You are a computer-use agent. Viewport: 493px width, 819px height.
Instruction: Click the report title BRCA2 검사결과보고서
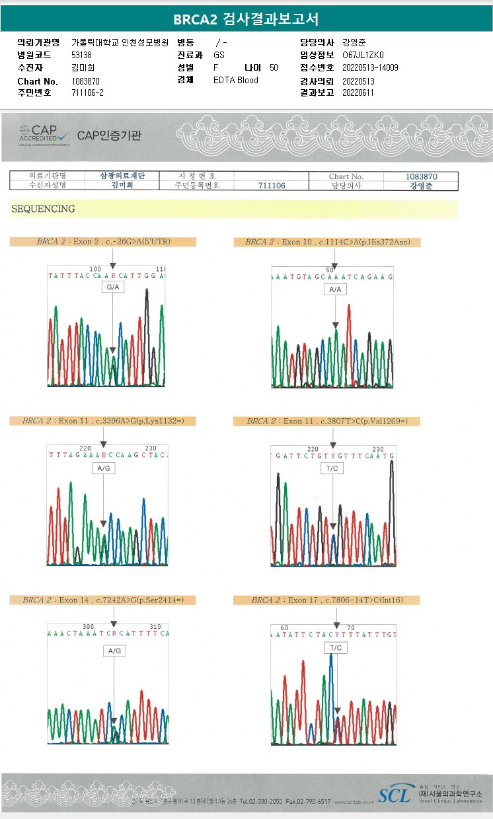pyautogui.click(x=246, y=19)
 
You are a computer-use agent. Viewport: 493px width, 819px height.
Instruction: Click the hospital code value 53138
pyautogui.click(x=81, y=55)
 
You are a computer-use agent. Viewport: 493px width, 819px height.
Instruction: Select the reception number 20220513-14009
pyautogui.click(x=370, y=67)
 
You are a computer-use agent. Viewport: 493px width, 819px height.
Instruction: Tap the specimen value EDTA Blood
pyautogui.click(x=236, y=80)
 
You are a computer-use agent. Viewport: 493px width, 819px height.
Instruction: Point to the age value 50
pyautogui.click(x=274, y=67)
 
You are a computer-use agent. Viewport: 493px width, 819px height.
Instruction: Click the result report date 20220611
pyautogui.click(x=358, y=92)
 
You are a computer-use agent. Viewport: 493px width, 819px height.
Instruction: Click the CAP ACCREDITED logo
pyautogui.click(x=44, y=135)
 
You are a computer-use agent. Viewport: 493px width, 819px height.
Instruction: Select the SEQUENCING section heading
pyautogui.click(x=43, y=209)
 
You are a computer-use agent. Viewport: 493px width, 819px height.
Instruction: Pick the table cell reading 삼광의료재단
pyautogui.click(x=122, y=176)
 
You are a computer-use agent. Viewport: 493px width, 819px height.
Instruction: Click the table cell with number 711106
pyautogui.click(x=272, y=186)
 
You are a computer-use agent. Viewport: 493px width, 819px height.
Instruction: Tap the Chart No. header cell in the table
pyautogui.click(x=346, y=176)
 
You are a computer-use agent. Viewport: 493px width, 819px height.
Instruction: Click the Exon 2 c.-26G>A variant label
pyautogui.click(x=103, y=242)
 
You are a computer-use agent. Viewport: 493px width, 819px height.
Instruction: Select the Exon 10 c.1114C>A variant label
pyautogui.click(x=327, y=242)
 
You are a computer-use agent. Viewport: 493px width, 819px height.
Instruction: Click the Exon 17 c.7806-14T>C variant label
pyautogui.click(x=327, y=600)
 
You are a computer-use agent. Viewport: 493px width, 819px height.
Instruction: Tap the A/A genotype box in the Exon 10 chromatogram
pyautogui.click(x=335, y=289)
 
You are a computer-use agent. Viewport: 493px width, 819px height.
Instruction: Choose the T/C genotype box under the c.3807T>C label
pyautogui.click(x=332, y=468)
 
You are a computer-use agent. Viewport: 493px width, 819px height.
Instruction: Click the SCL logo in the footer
pyautogui.click(x=395, y=794)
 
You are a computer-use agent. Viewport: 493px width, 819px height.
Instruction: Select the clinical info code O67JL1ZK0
pyautogui.click(x=363, y=55)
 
